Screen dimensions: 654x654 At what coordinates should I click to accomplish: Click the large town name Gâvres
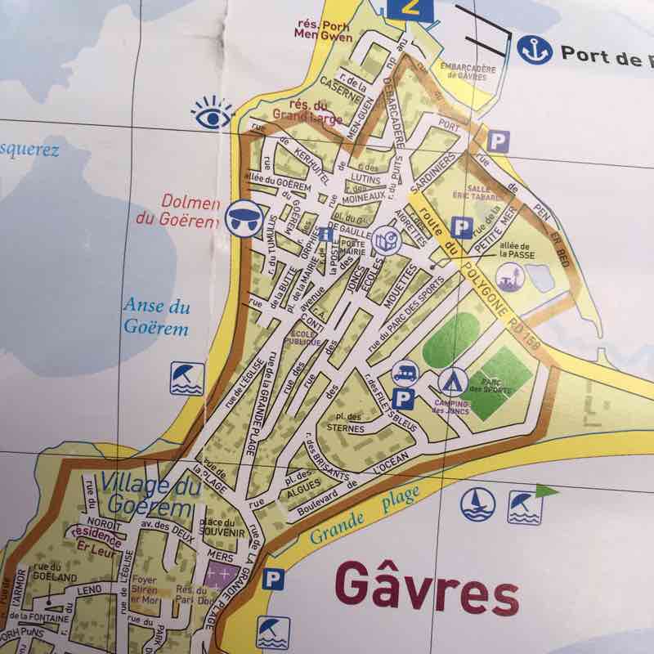coord(427,590)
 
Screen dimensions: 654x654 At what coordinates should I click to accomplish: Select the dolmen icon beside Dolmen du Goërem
coord(241,214)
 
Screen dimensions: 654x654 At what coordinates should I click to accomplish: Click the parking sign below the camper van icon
coord(402,400)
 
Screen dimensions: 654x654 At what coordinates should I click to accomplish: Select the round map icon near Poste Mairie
coord(385,242)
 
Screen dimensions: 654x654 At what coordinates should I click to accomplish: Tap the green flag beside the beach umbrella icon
coord(545,491)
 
